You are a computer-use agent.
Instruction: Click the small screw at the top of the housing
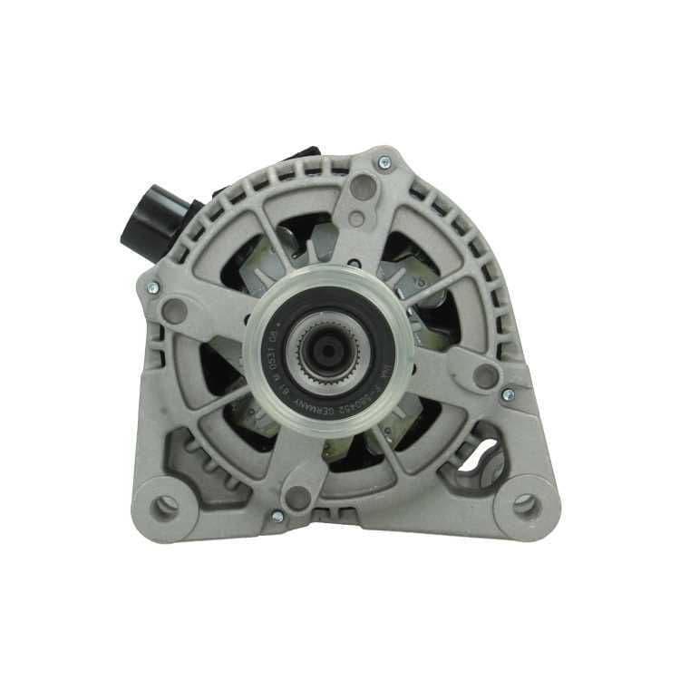[x=384, y=162]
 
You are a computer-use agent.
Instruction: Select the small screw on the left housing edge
[x=151, y=287]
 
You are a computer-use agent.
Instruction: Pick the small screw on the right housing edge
[x=508, y=394]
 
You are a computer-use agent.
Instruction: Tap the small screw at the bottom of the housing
[x=277, y=516]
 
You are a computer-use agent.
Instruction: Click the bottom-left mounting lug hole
[x=166, y=506]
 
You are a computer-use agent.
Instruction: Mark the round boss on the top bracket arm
[x=363, y=188]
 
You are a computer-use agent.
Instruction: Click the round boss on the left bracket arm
[x=173, y=311]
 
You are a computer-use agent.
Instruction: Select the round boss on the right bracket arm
[x=485, y=375]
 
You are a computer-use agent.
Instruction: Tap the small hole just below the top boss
[x=356, y=219]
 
